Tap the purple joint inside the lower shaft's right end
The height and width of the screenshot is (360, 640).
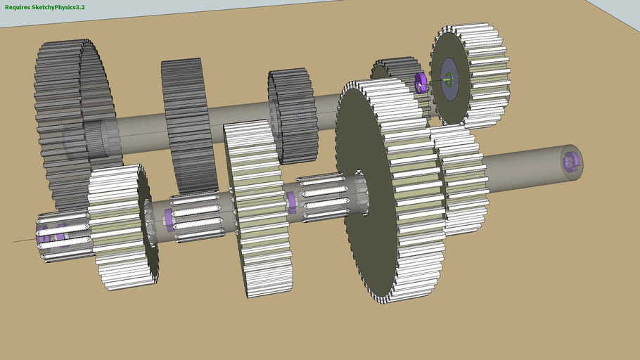(x=568, y=162)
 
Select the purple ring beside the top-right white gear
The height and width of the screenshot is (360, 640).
(x=421, y=83)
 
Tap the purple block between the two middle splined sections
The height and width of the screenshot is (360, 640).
(x=291, y=202)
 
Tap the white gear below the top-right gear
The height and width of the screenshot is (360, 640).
(x=461, y=179)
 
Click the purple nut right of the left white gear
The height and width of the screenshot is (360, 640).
(x=169, y=220)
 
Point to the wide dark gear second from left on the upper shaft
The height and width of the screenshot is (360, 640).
(x=186, y=123)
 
